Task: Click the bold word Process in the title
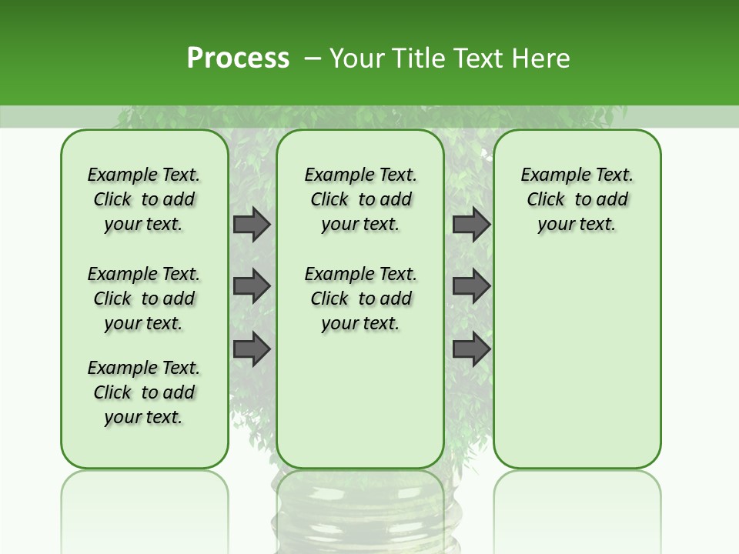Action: (238, 58)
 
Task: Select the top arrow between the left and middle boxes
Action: (252, 224)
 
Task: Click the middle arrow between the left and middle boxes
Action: (252, 286)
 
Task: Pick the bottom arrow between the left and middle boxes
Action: (252, 349)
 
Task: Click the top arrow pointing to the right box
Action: (471, 224)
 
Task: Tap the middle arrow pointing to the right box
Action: (471, 286)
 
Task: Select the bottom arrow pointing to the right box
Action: (471, 349)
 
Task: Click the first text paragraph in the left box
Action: (144, 199)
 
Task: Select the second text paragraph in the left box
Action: (144, 299)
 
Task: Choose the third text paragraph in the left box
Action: (144, 392)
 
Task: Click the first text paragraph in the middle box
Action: (360, 199)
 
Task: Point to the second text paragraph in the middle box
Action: (360, 299)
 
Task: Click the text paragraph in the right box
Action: (577, 199)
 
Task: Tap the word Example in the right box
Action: (550, 175)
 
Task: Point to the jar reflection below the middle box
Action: (360, 512)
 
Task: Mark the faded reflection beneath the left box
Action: (145, 500)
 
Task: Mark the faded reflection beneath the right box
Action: (577, 500)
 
